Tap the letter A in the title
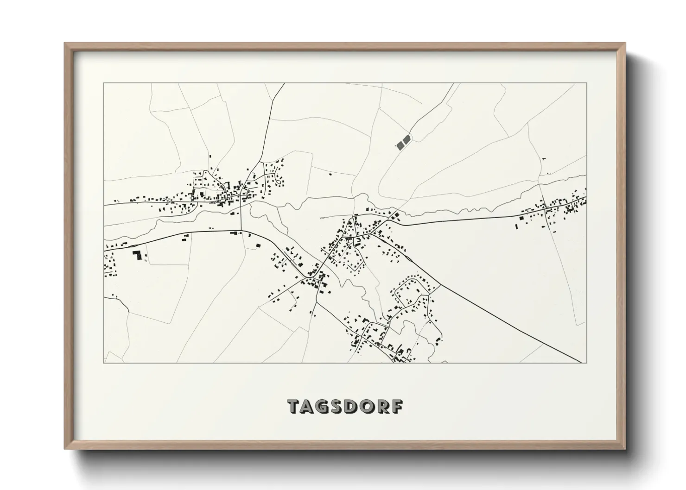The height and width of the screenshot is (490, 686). coord(310,406)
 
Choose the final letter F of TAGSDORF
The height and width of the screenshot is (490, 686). coord(398,406)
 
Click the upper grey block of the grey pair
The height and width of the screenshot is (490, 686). coord(407,139)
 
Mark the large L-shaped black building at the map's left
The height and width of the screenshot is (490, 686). coord(137,256)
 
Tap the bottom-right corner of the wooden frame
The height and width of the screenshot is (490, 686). coord(626,449)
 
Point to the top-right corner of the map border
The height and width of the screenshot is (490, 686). coord(587,83)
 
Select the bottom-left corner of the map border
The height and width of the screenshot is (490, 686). coord(104,363)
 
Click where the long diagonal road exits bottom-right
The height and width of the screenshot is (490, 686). coord(580,362)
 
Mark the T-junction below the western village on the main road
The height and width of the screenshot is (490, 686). coord(241,231)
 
